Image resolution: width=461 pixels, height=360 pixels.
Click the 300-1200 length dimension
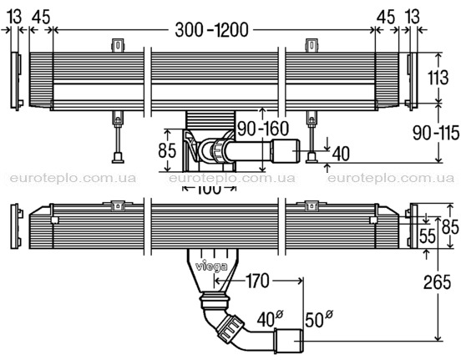pos(211,30)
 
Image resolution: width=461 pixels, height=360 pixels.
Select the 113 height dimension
pos(438,78)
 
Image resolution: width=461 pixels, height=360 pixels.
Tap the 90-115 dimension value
pos(436,133)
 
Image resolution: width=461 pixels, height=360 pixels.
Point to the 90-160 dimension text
pos(263,129)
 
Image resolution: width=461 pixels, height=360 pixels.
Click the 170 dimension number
pos(257,281)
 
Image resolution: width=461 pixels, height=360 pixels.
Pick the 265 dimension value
pos(437,282)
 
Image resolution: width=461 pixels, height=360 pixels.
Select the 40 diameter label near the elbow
pos(270,319)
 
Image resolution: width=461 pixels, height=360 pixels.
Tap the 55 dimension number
pos(428,236)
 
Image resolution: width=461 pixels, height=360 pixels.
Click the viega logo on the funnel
pos(211,266)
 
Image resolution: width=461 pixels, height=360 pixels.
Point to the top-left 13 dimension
pos(14,17)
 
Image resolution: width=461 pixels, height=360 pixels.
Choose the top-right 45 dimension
pos(386,17)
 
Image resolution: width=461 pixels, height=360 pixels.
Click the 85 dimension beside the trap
pos(167,150)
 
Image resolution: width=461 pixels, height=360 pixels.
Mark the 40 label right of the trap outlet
pos(341,154)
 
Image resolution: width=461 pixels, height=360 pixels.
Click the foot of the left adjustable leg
pos(119,158)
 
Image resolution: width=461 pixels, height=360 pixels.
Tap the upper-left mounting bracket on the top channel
pos(118,46)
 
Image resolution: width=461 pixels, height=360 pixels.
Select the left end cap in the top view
pos(16,81)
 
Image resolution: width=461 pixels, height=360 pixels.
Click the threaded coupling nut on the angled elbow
pos(230,329)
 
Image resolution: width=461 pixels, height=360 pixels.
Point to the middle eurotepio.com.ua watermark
pos(232,178)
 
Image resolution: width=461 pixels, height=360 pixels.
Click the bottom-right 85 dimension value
pos(450,226)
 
